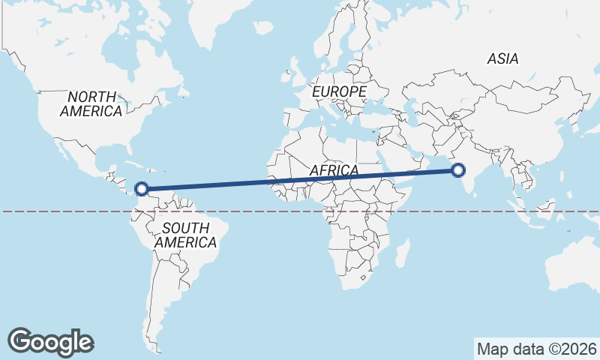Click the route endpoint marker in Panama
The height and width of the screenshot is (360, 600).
pyautogui.click(x=140, y=190)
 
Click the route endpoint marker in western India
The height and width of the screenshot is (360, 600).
pyautogui.click(x=459, y=171)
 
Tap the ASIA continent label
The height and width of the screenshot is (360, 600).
pyautogui.click(x=502, y=58)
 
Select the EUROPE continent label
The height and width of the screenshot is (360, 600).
pyautogui.click(x=339, y=91)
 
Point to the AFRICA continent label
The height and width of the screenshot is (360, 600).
pyautogui.click(x=334, y=170)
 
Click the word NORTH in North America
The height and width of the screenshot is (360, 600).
pyautogui.click(x=91, y=97)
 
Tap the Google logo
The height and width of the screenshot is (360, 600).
pyautogui.click(x=50, y=341)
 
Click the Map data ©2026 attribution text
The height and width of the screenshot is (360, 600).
pyautogui.click(x=536, y=349)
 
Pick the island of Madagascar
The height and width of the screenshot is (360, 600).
pyautogui.click(x=403, y=253)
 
